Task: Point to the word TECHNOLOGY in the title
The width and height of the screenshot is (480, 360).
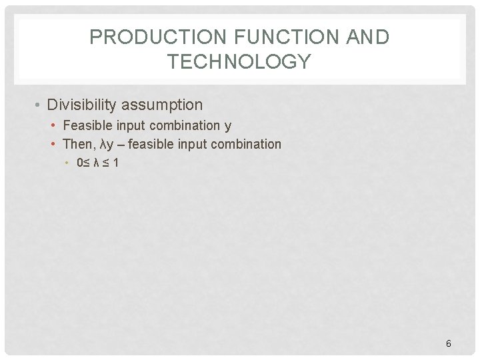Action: tap(239, 62)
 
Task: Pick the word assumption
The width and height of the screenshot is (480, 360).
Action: tap(163, 105)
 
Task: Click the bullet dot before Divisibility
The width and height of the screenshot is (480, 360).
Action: tap(40, 105)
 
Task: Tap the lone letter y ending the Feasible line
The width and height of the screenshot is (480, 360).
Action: tap(228, 126)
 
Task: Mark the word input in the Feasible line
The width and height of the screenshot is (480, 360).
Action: tap(129, 125)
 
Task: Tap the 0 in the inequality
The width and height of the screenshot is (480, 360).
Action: tap(80, 162)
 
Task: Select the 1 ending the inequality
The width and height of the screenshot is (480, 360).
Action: tap(116, 162)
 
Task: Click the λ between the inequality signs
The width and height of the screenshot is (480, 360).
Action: tap(97, 162)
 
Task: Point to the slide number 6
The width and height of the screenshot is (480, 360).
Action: tap(448, 343)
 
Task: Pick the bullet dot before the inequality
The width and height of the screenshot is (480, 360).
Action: tap(68, 162)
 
